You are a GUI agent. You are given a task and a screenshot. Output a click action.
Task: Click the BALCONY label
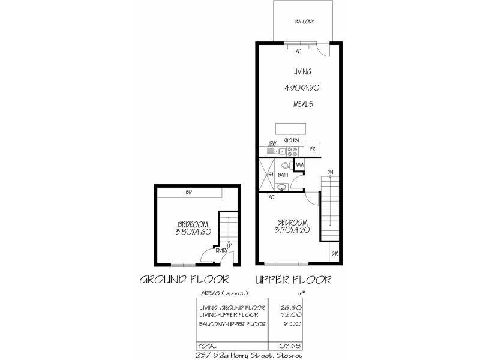click(x=305, y=22)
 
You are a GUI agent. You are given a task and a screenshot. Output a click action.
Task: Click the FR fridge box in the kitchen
click(x=313, y=148)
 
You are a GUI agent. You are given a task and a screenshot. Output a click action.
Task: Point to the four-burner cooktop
click(x=293, y=151)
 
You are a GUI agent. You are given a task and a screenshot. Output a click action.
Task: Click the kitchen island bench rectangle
click(x=290, y=129)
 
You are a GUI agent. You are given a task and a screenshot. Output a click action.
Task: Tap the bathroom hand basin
click(x=281, y=187)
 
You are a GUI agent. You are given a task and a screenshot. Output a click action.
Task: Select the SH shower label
click(x=271, y=175)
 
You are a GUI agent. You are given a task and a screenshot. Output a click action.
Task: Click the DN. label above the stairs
click(x=330, y=173)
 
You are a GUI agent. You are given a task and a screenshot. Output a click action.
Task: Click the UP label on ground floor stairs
click(x=229, y=245)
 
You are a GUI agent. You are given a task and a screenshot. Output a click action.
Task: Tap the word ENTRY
click(x=221, y=251)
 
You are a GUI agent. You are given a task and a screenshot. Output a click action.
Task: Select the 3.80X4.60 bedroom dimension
click(x=193, y=232)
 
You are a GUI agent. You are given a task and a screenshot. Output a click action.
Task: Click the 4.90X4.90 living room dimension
click(x=301, y=88)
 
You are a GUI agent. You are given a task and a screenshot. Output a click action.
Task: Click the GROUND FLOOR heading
click(x=185, y=280)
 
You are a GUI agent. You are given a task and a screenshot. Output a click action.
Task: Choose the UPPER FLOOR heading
click(x=293, y=280)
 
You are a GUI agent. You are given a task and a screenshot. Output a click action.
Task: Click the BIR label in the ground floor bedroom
click(x=189, y=193)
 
